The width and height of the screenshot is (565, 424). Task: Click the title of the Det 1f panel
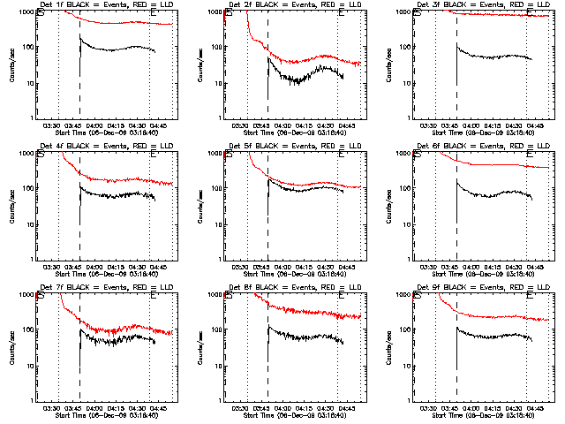[106, 6]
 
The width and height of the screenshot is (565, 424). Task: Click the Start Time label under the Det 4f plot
[106, 275]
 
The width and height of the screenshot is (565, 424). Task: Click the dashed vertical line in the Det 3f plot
[456, 71]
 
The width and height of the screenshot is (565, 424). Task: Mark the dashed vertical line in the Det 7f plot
[79, 353]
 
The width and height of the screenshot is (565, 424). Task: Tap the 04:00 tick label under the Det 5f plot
[282, 268]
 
